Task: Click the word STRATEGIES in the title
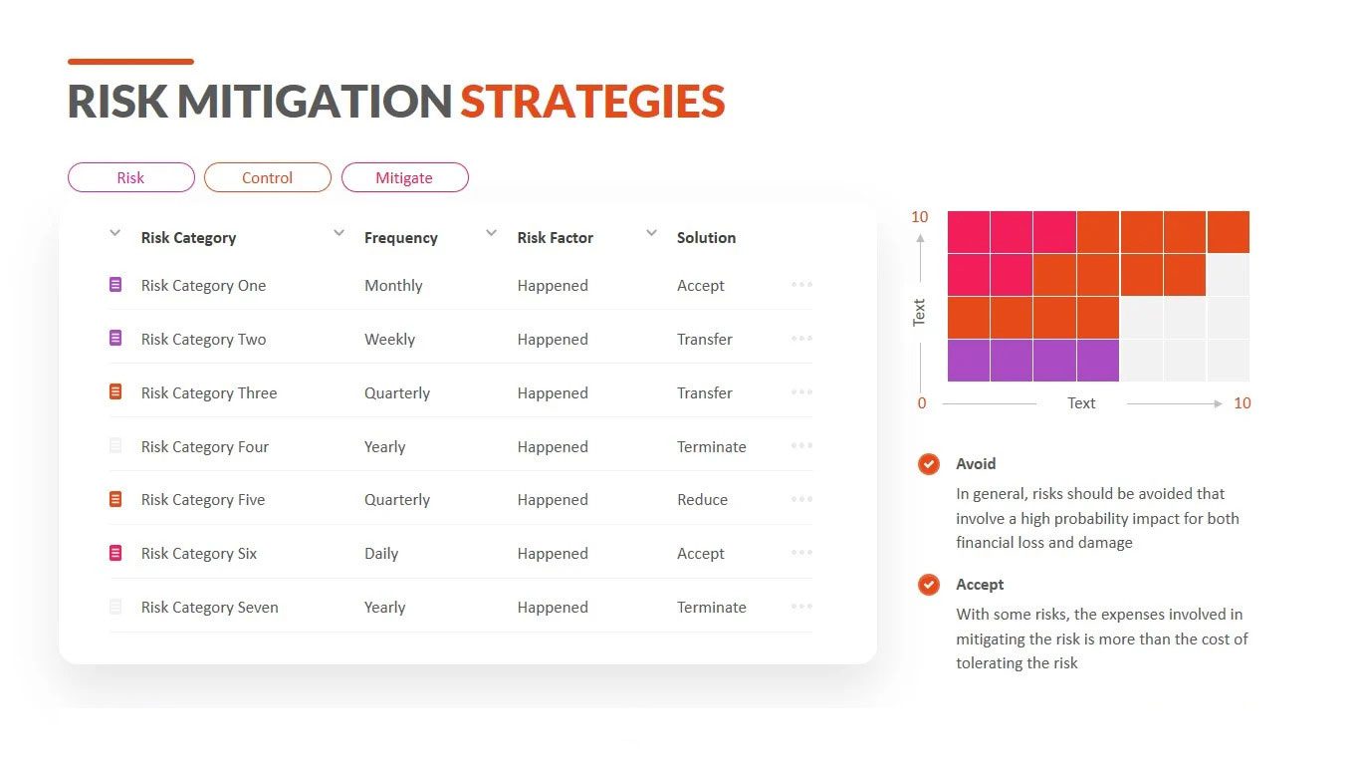pyautogui.click(x=592, y=101)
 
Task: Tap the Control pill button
pyautogui.click(x=268, y=177)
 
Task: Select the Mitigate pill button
pyautogui.click(x=404, y=177)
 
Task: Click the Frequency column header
pyautogui.click(x=400, y=238)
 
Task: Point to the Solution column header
pyautogui.click(x=706, y=238)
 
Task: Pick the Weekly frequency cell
pyautogui.click(x=389, y=340)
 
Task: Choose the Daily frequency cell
pyautogui.click(x=381, y=554)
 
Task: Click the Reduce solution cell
pyautogui.click(x=702, y=499)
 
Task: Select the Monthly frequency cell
pyautogui.click(x=393, y=285)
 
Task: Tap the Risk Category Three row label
pyautogui.click(x=209, y=393)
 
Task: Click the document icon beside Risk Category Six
pyautogui.click(x=115, y=553)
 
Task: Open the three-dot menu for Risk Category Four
pyautogui.click(x=801, y=445)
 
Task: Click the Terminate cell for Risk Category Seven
pyautogui.click(x=711, y=608)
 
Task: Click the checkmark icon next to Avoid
pyautogui.click(x=928, y=464)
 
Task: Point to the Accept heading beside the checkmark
pyautogui.click(x=980, y=585)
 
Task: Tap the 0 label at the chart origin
pyautogui.click(x=922, y=403)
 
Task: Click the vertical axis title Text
pyautogui.click(x=919, y=313)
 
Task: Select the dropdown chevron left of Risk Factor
pyautogui.click(x=492, y=232)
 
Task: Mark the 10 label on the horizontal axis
pyautogui.click(x=1242, y=403)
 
